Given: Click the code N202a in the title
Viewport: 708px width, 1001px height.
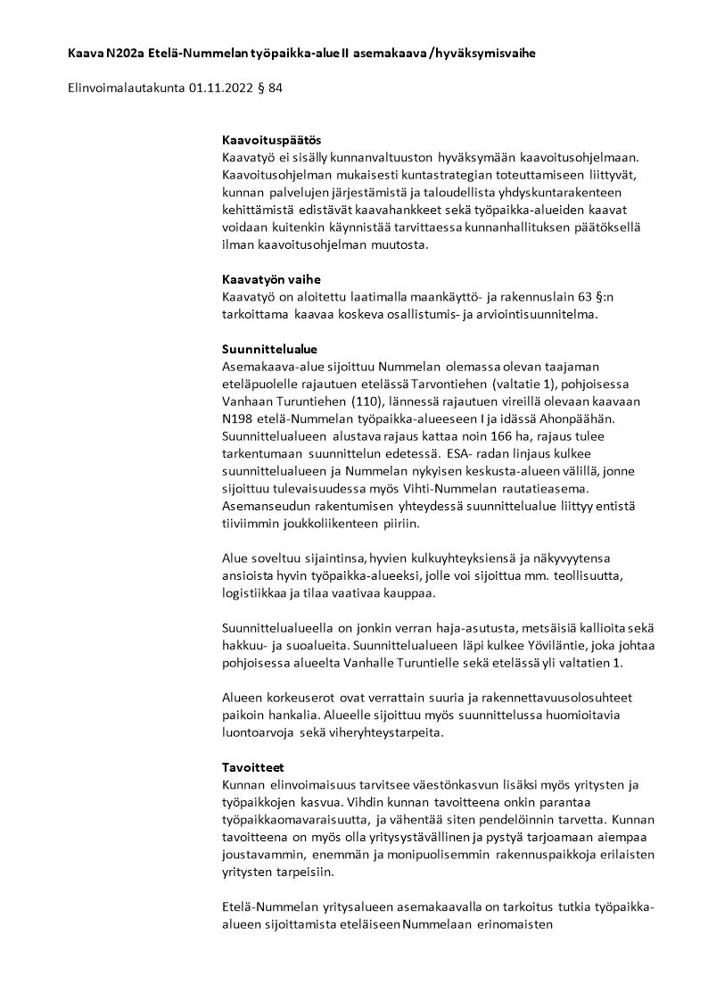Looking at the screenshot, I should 122,54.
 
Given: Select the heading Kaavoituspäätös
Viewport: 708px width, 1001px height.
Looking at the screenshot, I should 271,140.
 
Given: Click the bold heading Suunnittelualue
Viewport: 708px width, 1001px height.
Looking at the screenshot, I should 269,349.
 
